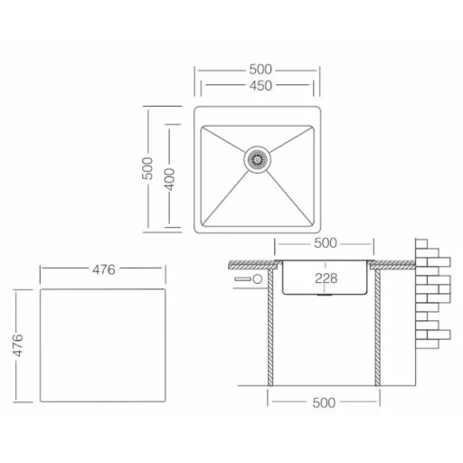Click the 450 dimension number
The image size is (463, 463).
point(260,86)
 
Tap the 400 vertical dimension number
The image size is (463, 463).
point(170,179)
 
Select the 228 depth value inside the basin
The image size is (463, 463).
point(326,279)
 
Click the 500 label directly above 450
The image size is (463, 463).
point(260,70)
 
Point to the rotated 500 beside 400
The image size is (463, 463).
point(147,168)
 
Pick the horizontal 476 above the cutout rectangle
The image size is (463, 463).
point(104,269)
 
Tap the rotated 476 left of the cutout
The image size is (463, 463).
point(18,345)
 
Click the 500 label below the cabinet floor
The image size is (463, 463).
point(324,403)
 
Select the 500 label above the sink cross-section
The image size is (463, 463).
point(326,243)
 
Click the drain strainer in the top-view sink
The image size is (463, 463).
point(257,159)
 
